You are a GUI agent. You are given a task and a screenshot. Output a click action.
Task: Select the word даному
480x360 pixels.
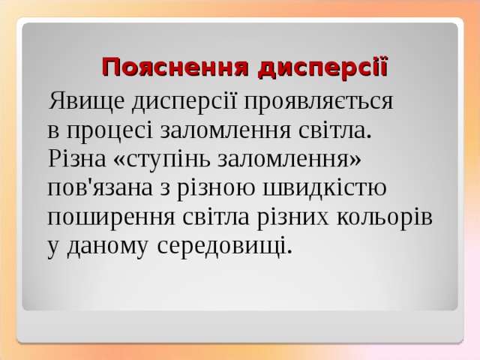pos(108,245)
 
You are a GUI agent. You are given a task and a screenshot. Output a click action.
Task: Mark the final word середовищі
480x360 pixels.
pos(224,245)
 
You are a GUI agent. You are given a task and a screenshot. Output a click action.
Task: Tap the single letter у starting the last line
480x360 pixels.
pos(52,247)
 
